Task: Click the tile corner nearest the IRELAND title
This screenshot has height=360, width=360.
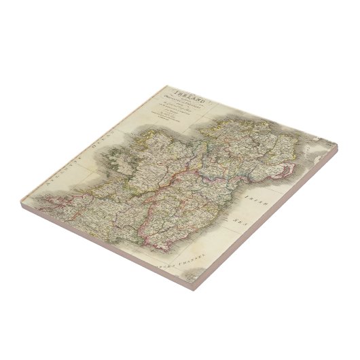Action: tap(167, 86)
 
